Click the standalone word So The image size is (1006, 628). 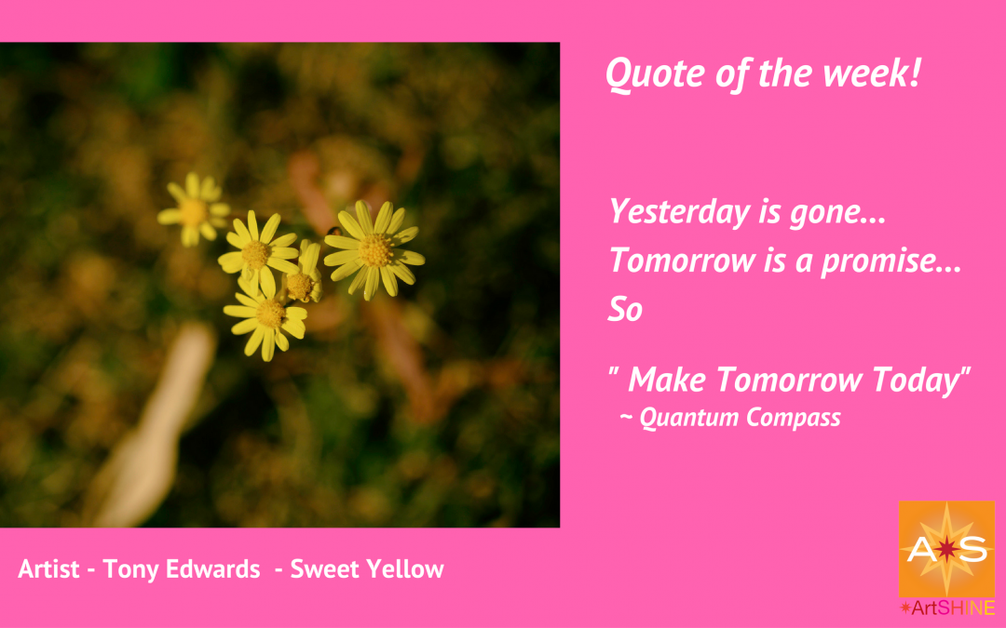[625, 311]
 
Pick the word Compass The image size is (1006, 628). [794, 418]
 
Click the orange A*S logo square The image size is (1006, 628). [945, 549]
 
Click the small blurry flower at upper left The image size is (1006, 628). [193, 212]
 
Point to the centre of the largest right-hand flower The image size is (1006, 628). [374, 250]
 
